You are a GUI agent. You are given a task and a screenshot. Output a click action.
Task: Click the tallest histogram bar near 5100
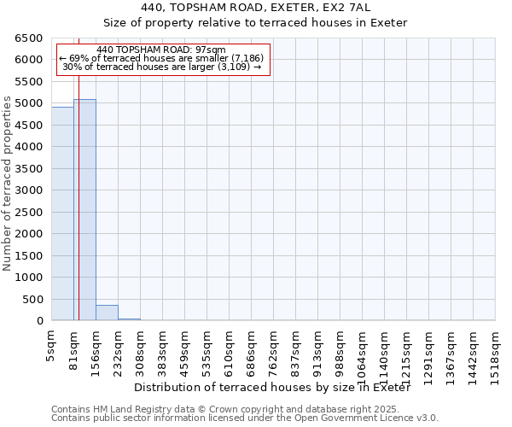point(84,209)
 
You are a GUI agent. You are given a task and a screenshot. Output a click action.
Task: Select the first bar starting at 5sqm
point(62,213)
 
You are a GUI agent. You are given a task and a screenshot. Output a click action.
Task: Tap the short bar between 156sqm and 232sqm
point(107,313)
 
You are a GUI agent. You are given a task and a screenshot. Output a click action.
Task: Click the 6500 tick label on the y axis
point(29,38)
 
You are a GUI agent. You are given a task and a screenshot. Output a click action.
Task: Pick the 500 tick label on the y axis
point(32,300)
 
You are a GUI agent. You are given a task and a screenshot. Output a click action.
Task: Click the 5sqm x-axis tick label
point(51,346)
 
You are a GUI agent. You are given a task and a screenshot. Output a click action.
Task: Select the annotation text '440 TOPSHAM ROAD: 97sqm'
point(161,50)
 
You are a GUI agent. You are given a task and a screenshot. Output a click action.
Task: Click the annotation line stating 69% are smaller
point(161,58)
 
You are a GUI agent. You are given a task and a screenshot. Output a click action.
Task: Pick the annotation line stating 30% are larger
point(161,67)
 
